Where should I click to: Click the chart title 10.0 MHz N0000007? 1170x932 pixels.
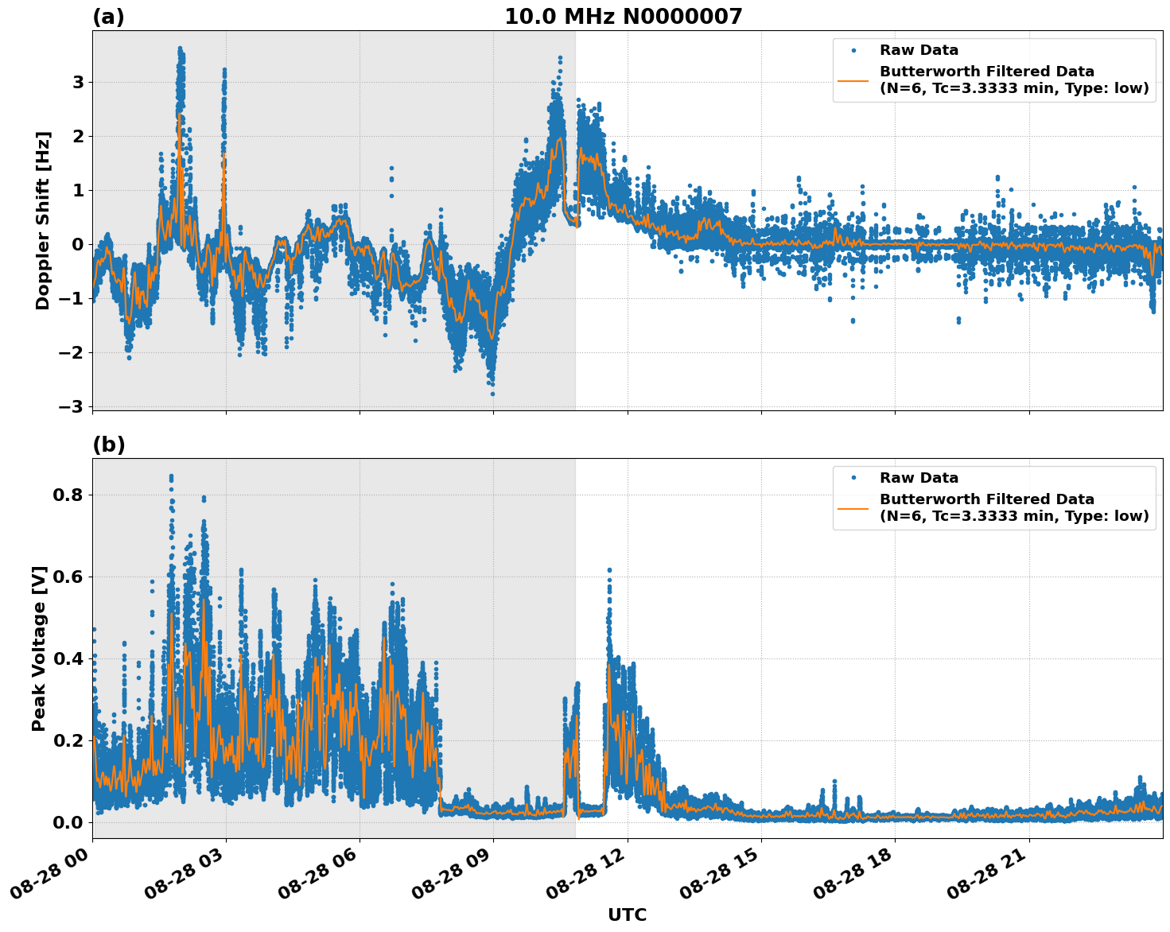[623, 17]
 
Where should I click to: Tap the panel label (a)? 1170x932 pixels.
[108, 17]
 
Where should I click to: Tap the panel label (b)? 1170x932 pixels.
[108, 445]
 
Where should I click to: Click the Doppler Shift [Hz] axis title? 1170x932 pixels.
[43, 220]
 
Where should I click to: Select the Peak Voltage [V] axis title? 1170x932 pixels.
[39, 648]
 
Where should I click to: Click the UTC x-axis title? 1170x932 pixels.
[627, 915]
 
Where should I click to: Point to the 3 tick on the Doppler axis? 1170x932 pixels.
[78, 83]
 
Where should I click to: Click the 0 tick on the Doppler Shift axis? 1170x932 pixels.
[78, 245]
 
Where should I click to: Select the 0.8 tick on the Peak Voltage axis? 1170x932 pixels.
[68, 495]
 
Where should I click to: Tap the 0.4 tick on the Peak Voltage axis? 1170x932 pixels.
[68, 658]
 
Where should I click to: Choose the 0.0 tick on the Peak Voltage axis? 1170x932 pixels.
[68, 822]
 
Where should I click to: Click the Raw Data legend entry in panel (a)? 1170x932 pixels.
[919, 50]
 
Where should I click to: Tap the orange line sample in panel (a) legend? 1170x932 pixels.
[853, 80]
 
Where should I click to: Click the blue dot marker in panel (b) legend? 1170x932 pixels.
[853, 478]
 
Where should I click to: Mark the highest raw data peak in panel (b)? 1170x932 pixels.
[171, 476]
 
